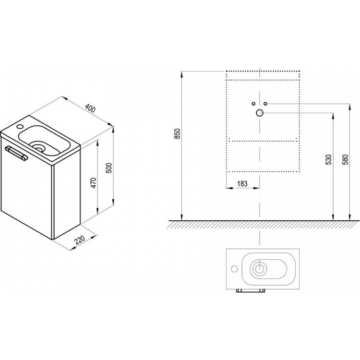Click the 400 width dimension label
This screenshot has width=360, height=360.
pos(90,108)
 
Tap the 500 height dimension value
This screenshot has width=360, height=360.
pos(109,168)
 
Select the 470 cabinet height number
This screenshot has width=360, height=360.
pos(94,183)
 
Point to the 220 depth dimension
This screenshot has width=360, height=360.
pos(80,239)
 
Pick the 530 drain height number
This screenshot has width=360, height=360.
pos(329,159)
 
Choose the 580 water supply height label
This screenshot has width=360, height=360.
pos(345,159)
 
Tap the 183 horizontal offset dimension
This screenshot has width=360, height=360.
pos(242,184)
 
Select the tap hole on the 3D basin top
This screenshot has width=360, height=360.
pos(20,126)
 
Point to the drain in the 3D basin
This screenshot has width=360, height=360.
pos(37,146)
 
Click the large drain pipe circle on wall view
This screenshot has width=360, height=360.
pos(259,113)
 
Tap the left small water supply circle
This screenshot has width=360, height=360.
pos(253,104)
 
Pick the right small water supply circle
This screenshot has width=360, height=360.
pos(265,104)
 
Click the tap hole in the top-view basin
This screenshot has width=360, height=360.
pos(234,269)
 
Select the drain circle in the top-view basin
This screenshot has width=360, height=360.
pos(260,268)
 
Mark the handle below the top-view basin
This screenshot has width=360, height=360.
pos(251,291)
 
